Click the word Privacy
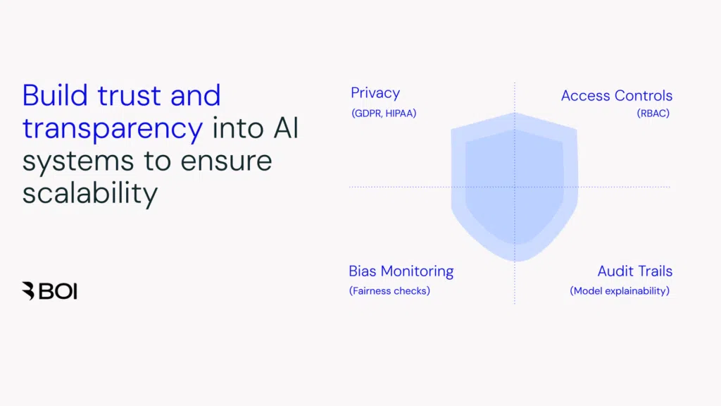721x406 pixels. tap(375, 93)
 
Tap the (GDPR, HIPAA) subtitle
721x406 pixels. tap(384, 113)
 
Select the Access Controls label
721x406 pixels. tap(616, 96)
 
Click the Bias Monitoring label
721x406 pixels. tap(401, 271)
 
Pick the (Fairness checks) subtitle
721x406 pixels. tap(389, 290)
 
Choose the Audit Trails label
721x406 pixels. tap(634, 271)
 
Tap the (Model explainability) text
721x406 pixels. tap(620, 290)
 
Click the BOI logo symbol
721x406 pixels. tap(28, 290)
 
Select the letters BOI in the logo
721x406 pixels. tap(58, 290)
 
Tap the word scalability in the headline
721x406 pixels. tap(89, 192)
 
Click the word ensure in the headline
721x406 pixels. tap(226, 161)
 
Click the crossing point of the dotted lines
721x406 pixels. tap(515, 187)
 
